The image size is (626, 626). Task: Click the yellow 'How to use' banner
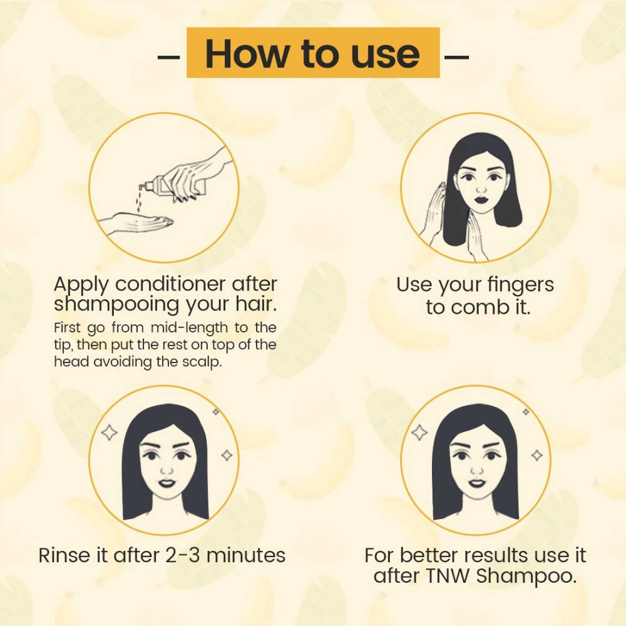click(x=313, y=53)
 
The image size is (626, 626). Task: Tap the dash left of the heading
click(x=168, y=57)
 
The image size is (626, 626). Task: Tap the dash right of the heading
click(x=456, y=57)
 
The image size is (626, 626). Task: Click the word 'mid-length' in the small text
click(x=171, y=328)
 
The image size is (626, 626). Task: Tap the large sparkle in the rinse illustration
click(x=110, y=433)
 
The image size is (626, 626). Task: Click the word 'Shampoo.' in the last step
click(x=526, y=576)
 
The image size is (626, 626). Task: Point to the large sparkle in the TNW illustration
click(x=419, y=433)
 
